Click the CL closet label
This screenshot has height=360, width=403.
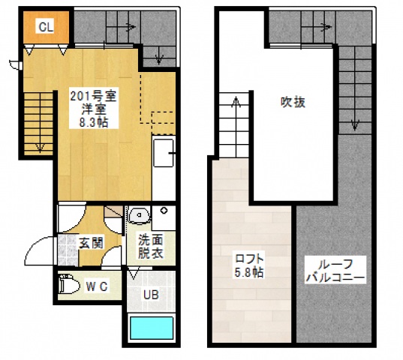46,27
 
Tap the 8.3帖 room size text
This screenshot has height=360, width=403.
94,123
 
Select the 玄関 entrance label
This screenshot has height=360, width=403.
91,243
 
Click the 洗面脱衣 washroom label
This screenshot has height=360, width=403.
151,247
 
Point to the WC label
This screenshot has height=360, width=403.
96,286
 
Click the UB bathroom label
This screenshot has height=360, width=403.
151,295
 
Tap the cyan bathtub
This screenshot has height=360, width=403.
152,328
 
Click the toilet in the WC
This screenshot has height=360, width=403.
69,283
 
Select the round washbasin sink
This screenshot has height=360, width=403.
139,214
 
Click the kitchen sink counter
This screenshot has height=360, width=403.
164,153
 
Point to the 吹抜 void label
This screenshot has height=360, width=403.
293,102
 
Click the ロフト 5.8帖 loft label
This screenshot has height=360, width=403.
249,265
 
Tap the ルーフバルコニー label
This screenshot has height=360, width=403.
335,270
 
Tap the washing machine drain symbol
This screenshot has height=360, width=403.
164,211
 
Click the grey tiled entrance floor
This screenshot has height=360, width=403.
68,250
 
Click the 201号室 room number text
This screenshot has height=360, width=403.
94,96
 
